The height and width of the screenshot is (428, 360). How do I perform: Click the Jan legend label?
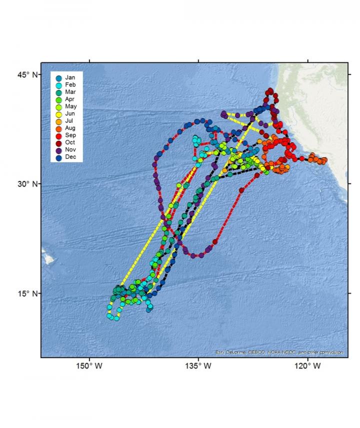[x=70, y=78]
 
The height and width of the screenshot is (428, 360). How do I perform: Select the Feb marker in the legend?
[x=59, y=85]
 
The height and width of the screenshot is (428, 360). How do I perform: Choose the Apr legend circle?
[x=59, y=100]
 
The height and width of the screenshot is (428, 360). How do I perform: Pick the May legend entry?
[x=70, y=107]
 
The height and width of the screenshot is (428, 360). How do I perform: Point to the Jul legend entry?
[x=69, y=121]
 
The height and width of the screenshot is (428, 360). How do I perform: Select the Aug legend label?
[x=70, y=128]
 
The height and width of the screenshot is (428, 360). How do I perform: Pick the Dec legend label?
[x=70, y=157]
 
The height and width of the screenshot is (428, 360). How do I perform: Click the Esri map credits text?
[x=279, y=352]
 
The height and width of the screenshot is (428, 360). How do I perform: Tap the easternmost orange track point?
[x=324, y=160]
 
